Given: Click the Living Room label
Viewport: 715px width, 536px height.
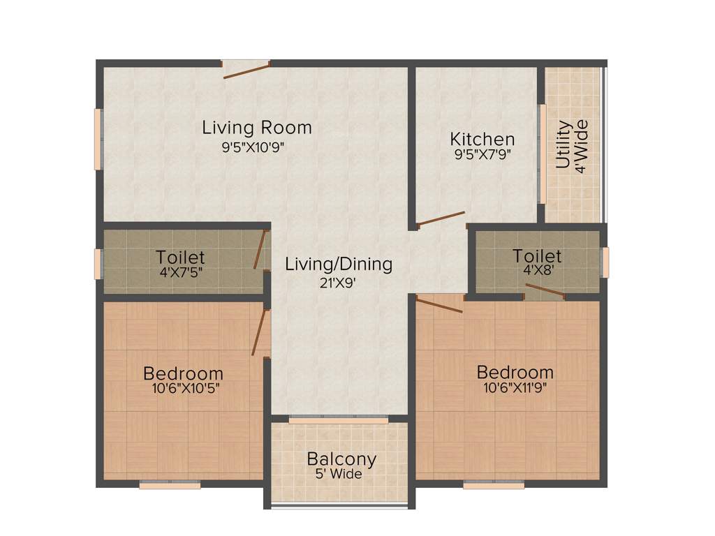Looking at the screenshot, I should [256, 128].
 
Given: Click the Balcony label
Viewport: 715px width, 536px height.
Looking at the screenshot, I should [341, 459].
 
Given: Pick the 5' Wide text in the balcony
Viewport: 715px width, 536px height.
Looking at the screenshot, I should [338, 475].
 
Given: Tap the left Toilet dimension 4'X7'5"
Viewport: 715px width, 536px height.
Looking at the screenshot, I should [180, 271].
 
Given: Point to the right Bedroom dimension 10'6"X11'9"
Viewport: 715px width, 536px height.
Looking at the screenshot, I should [515, 387].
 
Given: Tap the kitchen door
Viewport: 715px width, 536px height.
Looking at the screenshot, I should [441, 219].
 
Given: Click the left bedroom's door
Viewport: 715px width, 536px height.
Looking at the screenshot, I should [260, 333].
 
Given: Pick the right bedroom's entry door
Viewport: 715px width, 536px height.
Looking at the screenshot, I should [439, 304].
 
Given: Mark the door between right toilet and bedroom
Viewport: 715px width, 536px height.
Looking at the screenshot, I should [545, 291].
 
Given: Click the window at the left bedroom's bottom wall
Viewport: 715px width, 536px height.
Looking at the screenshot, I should [170, 484].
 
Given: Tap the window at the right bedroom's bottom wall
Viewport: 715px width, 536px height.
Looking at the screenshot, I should [494, 484].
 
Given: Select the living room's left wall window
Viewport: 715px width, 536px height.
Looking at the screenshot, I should [98, 138].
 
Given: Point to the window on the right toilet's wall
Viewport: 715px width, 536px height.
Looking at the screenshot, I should [605, 262].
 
